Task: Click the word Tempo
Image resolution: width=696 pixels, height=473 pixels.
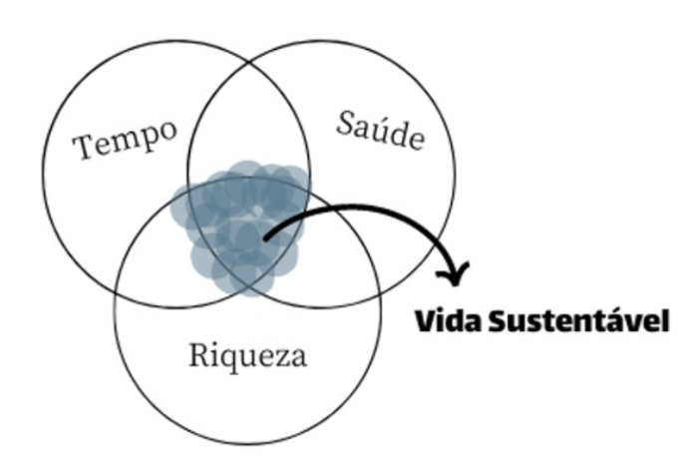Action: (x=125, y=138)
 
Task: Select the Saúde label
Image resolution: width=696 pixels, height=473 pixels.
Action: (x=380, y=131)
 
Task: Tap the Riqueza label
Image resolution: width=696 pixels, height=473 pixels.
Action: (x=247, y=356)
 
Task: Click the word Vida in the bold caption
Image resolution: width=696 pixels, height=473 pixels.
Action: (x=448, y=320)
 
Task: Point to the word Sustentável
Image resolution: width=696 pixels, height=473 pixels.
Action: (x=578, y=320)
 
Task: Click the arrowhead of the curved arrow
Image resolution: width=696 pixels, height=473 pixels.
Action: (x=454, y=273)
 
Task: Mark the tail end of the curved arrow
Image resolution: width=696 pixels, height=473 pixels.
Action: (x=265, y=238)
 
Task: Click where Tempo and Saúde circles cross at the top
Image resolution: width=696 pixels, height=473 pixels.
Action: (x=248, y=62)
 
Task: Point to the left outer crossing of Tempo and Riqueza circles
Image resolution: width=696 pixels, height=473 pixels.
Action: (x=117, y=293)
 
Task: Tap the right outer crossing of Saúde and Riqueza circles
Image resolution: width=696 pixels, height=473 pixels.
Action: (x=380, y=293)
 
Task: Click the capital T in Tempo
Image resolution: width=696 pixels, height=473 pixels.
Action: (x=84, y=147)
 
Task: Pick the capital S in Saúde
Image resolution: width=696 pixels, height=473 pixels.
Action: (x=345, y=123)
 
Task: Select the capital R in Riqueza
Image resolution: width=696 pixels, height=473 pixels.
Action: (x=198, y=354)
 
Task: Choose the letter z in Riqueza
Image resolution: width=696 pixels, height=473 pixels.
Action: (x=283, y=358)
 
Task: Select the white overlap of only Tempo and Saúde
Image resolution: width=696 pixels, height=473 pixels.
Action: (x=248, y=120)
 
